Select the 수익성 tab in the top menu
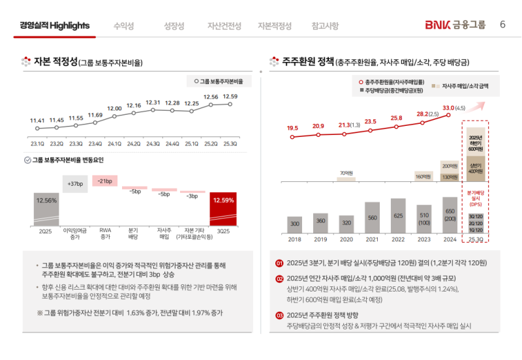point(123,26)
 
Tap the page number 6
point(502,25)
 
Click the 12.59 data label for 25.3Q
point(230,97)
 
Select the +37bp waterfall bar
point(75,184)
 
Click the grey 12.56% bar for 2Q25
point(46,209)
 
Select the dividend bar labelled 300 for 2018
point(295,224)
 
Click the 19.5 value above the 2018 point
point(292,128)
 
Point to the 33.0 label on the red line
point(448,108)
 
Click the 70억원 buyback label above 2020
point(346,173)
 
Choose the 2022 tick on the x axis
point(397,239)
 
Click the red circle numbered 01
point(279,263)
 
